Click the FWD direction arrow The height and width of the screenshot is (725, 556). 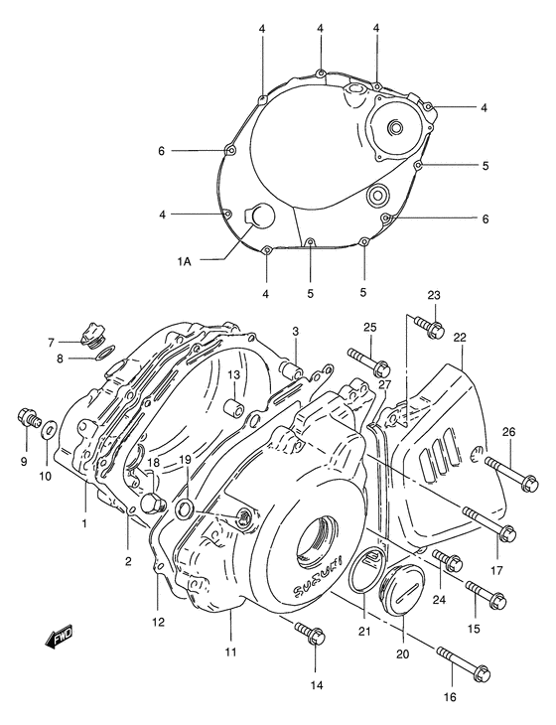click(63, 638)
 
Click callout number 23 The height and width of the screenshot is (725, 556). click(434, 296)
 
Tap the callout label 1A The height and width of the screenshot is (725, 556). click(185, 261)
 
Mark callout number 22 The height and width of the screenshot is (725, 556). click(459, 339)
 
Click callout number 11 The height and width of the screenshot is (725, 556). click(229, 652)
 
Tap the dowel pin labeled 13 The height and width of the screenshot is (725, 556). click(231, 407)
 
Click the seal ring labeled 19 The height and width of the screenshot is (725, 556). click(185, 510)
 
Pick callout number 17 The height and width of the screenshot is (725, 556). click(496, 571)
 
